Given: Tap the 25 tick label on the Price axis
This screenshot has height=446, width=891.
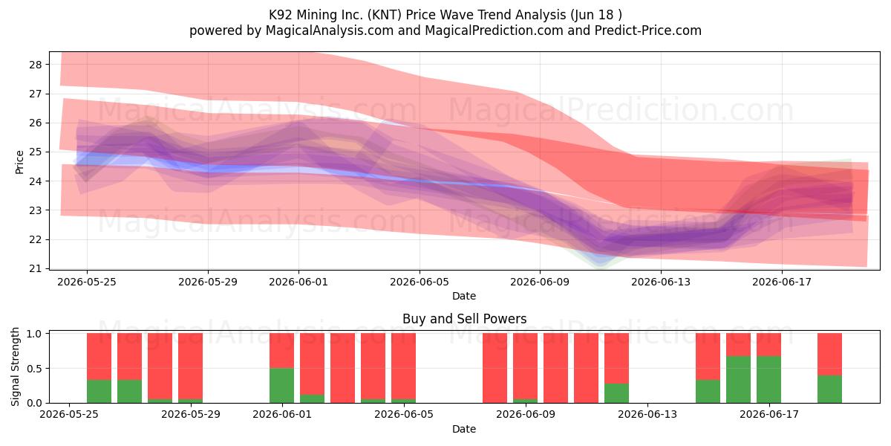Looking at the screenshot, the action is click(x=36, y=152).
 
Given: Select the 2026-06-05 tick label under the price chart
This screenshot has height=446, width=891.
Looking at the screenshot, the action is click(x=420, y=282).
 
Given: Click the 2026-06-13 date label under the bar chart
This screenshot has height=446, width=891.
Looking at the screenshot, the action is click(x=647, y=414).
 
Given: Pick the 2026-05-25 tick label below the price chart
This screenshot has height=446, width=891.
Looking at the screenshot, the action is click(x=87, y=282).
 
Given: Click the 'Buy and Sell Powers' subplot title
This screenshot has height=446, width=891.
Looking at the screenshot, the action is click(x=464, y=319).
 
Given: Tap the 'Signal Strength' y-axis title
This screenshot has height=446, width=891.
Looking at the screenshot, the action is click(x=15, y=366).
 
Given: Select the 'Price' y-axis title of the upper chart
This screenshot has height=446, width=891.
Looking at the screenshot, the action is click(x=19, y=162).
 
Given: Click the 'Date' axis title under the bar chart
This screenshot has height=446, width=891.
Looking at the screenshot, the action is click(x=464, y=429).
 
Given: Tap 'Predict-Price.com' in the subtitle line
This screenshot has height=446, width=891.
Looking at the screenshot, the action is click(x=648, y=30).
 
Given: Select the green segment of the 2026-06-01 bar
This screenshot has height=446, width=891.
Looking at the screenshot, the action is click(x=281, y=386).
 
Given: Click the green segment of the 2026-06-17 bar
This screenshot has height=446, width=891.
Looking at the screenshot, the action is click(x=768, y=380).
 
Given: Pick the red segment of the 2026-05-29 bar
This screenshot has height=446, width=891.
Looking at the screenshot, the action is click(x=190, y=366).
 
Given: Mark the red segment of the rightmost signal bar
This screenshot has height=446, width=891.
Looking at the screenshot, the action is click(x=829, y=355).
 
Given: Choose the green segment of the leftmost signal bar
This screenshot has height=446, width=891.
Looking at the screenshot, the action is click(x=99, y=392).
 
